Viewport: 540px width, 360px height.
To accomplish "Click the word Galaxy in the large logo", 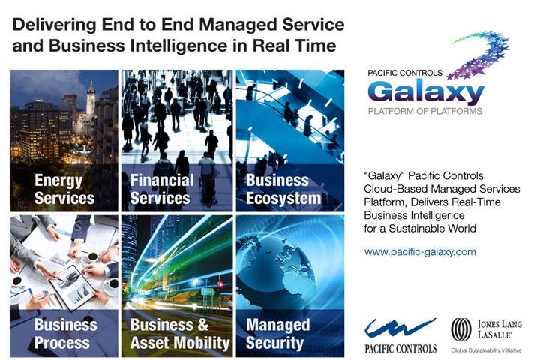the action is [426, 92].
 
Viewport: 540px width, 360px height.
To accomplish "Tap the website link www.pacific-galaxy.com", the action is [420, 252].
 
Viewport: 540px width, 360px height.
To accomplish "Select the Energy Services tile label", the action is [64, 190].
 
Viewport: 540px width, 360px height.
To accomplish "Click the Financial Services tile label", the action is [162, 190].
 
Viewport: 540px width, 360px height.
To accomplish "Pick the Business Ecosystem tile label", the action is [283, 190].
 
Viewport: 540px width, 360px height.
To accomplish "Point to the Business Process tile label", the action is [65, 334].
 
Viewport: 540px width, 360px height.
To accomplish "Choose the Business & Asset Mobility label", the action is [180, 334].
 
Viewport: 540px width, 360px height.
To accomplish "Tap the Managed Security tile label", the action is [277, 334].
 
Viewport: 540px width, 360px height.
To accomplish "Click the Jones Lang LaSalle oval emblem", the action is [461, 329].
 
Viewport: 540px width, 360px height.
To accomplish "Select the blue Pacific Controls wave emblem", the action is [400, 328].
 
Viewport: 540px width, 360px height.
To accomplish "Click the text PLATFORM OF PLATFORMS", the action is [425, 111].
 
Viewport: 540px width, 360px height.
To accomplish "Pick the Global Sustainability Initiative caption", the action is [486, 350].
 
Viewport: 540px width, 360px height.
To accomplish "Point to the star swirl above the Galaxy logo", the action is [481, 55].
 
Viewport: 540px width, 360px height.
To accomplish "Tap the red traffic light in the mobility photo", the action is [220, 284].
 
